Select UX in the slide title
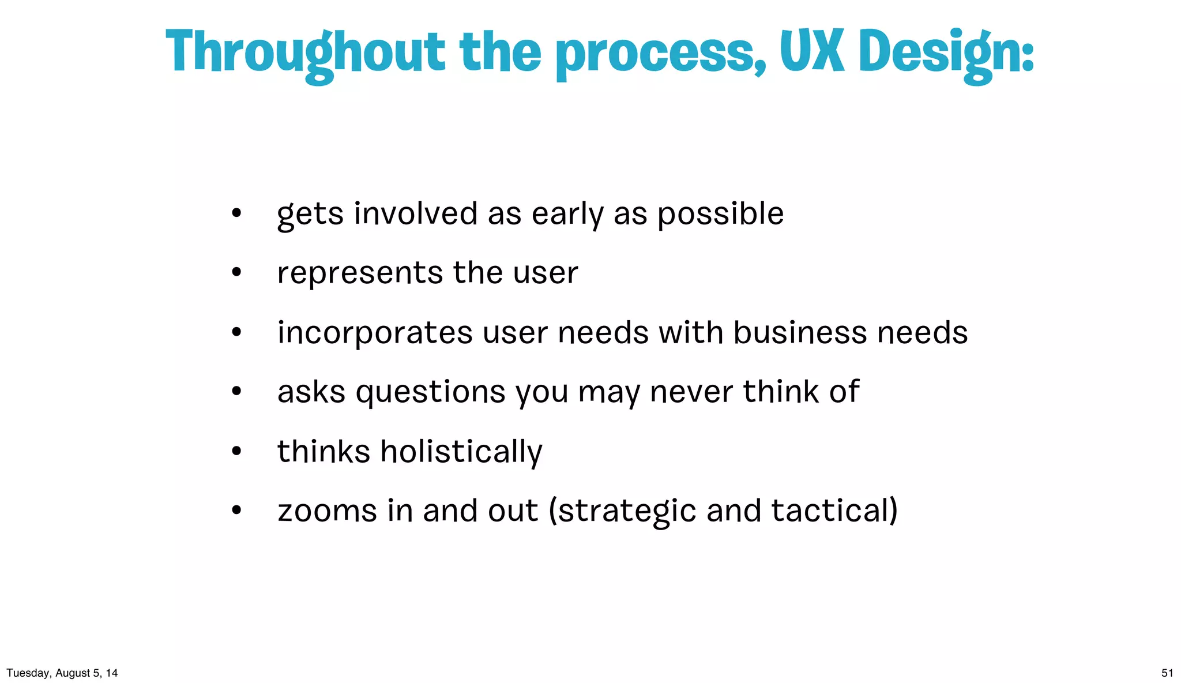812,52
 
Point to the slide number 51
1167,673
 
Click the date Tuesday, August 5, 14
62,673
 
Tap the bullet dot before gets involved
236,213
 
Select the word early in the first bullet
567,215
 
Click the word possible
720,215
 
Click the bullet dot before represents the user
236,272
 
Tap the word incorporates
375,333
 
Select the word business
800,333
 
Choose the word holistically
461,452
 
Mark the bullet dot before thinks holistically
236,451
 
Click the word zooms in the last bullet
327,511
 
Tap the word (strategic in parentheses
622,512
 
